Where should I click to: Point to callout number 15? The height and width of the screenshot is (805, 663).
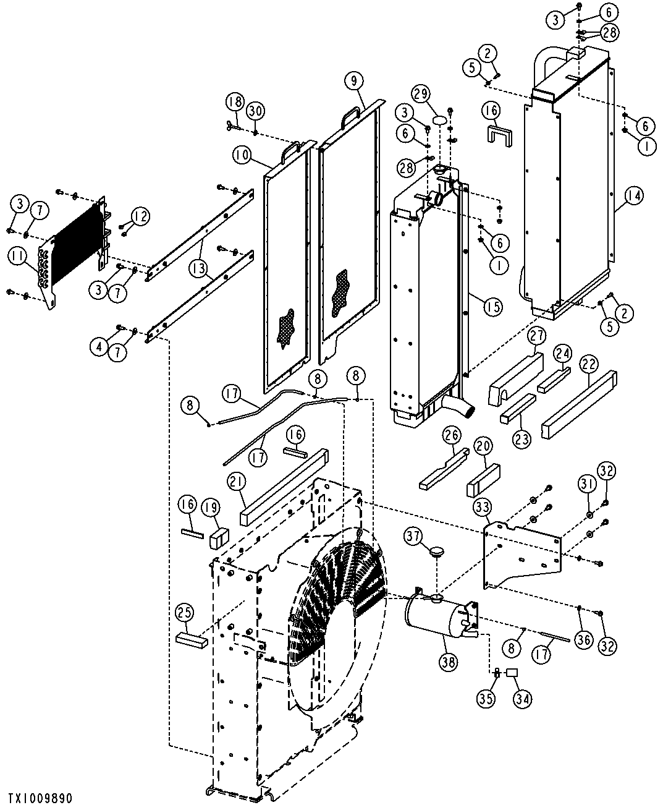coord(492,306)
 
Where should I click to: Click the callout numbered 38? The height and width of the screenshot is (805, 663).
coord(448,662)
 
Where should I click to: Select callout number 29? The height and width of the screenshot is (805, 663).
coord(421,95)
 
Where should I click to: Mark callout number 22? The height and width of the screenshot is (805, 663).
coord(588,365)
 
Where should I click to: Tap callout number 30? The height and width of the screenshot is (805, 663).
coord(255,111)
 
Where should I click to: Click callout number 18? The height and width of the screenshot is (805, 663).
coord(234,102)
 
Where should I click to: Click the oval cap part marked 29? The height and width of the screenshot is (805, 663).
coord(439,119)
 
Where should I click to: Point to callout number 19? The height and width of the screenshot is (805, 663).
coord(211,508)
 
